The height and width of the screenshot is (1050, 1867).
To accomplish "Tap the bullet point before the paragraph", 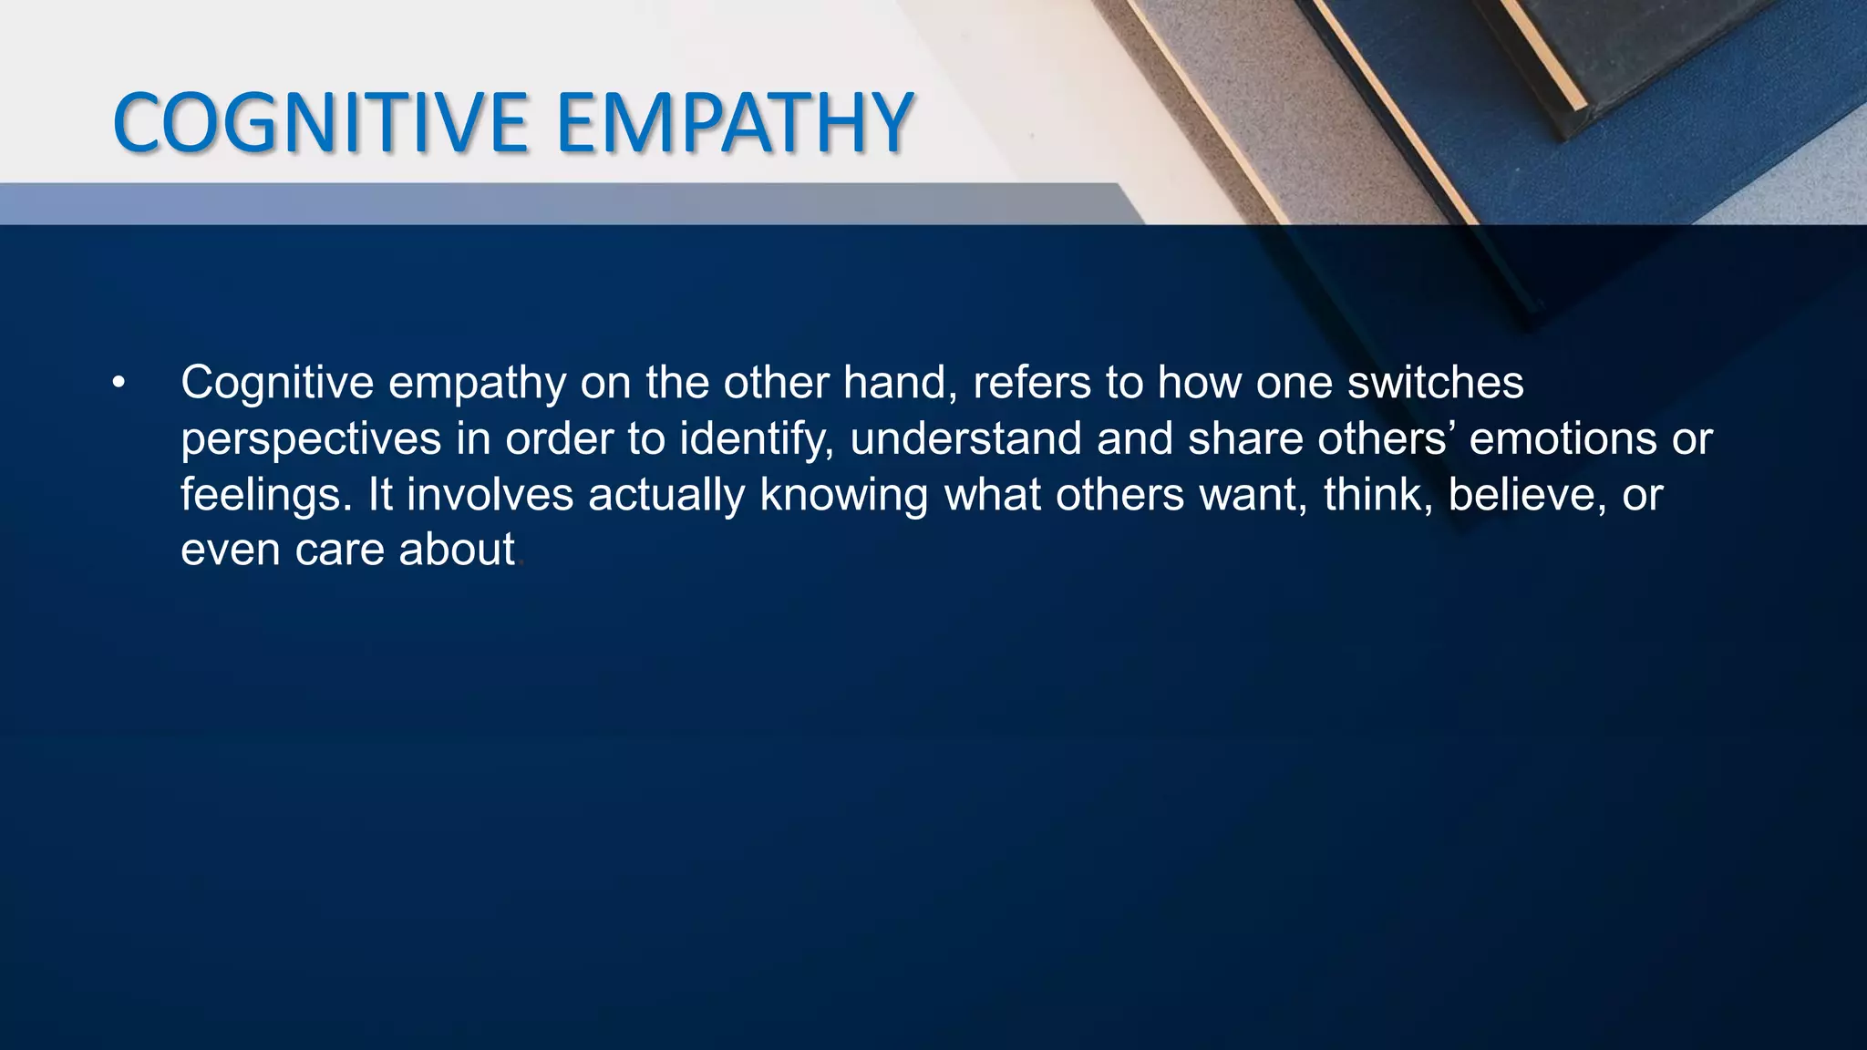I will pos(119,384).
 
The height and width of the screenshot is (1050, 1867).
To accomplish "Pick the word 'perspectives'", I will pos(311,439).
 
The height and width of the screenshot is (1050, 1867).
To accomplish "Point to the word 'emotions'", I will pos(1563,438).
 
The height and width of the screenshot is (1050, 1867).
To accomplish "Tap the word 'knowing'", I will pos(844,495).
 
